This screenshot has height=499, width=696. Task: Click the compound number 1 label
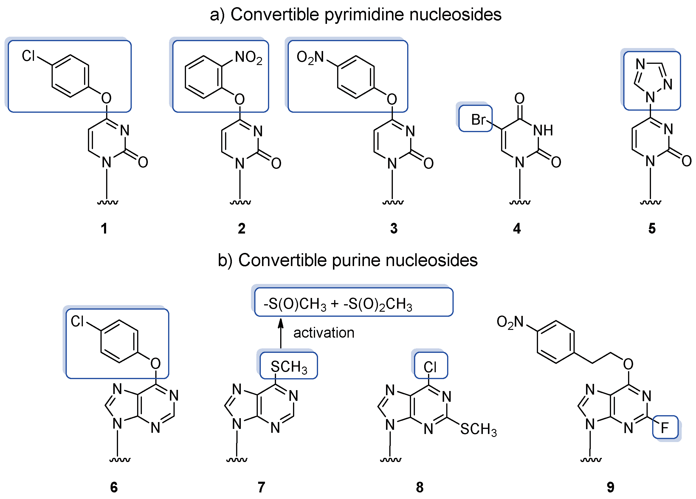pos(104,228)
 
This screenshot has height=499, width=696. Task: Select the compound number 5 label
pos(652,228)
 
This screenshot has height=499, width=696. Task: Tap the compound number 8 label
pos(419,487)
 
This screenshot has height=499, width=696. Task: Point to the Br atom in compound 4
pos(478,120)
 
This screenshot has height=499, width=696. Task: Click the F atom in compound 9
pos(664,428)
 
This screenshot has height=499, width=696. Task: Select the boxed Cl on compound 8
pos(430,367)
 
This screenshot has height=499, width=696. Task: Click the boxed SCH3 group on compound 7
pos(289,367)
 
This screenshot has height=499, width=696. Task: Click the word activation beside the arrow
pos(324,333)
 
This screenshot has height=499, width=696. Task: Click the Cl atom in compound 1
pos(28,56)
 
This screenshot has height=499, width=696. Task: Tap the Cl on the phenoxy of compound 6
pos(77,322)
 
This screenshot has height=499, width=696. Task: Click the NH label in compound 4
pos(543,131)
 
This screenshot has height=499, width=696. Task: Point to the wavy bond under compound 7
pos(237,460)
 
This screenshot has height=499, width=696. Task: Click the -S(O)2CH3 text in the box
pos(378,304)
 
